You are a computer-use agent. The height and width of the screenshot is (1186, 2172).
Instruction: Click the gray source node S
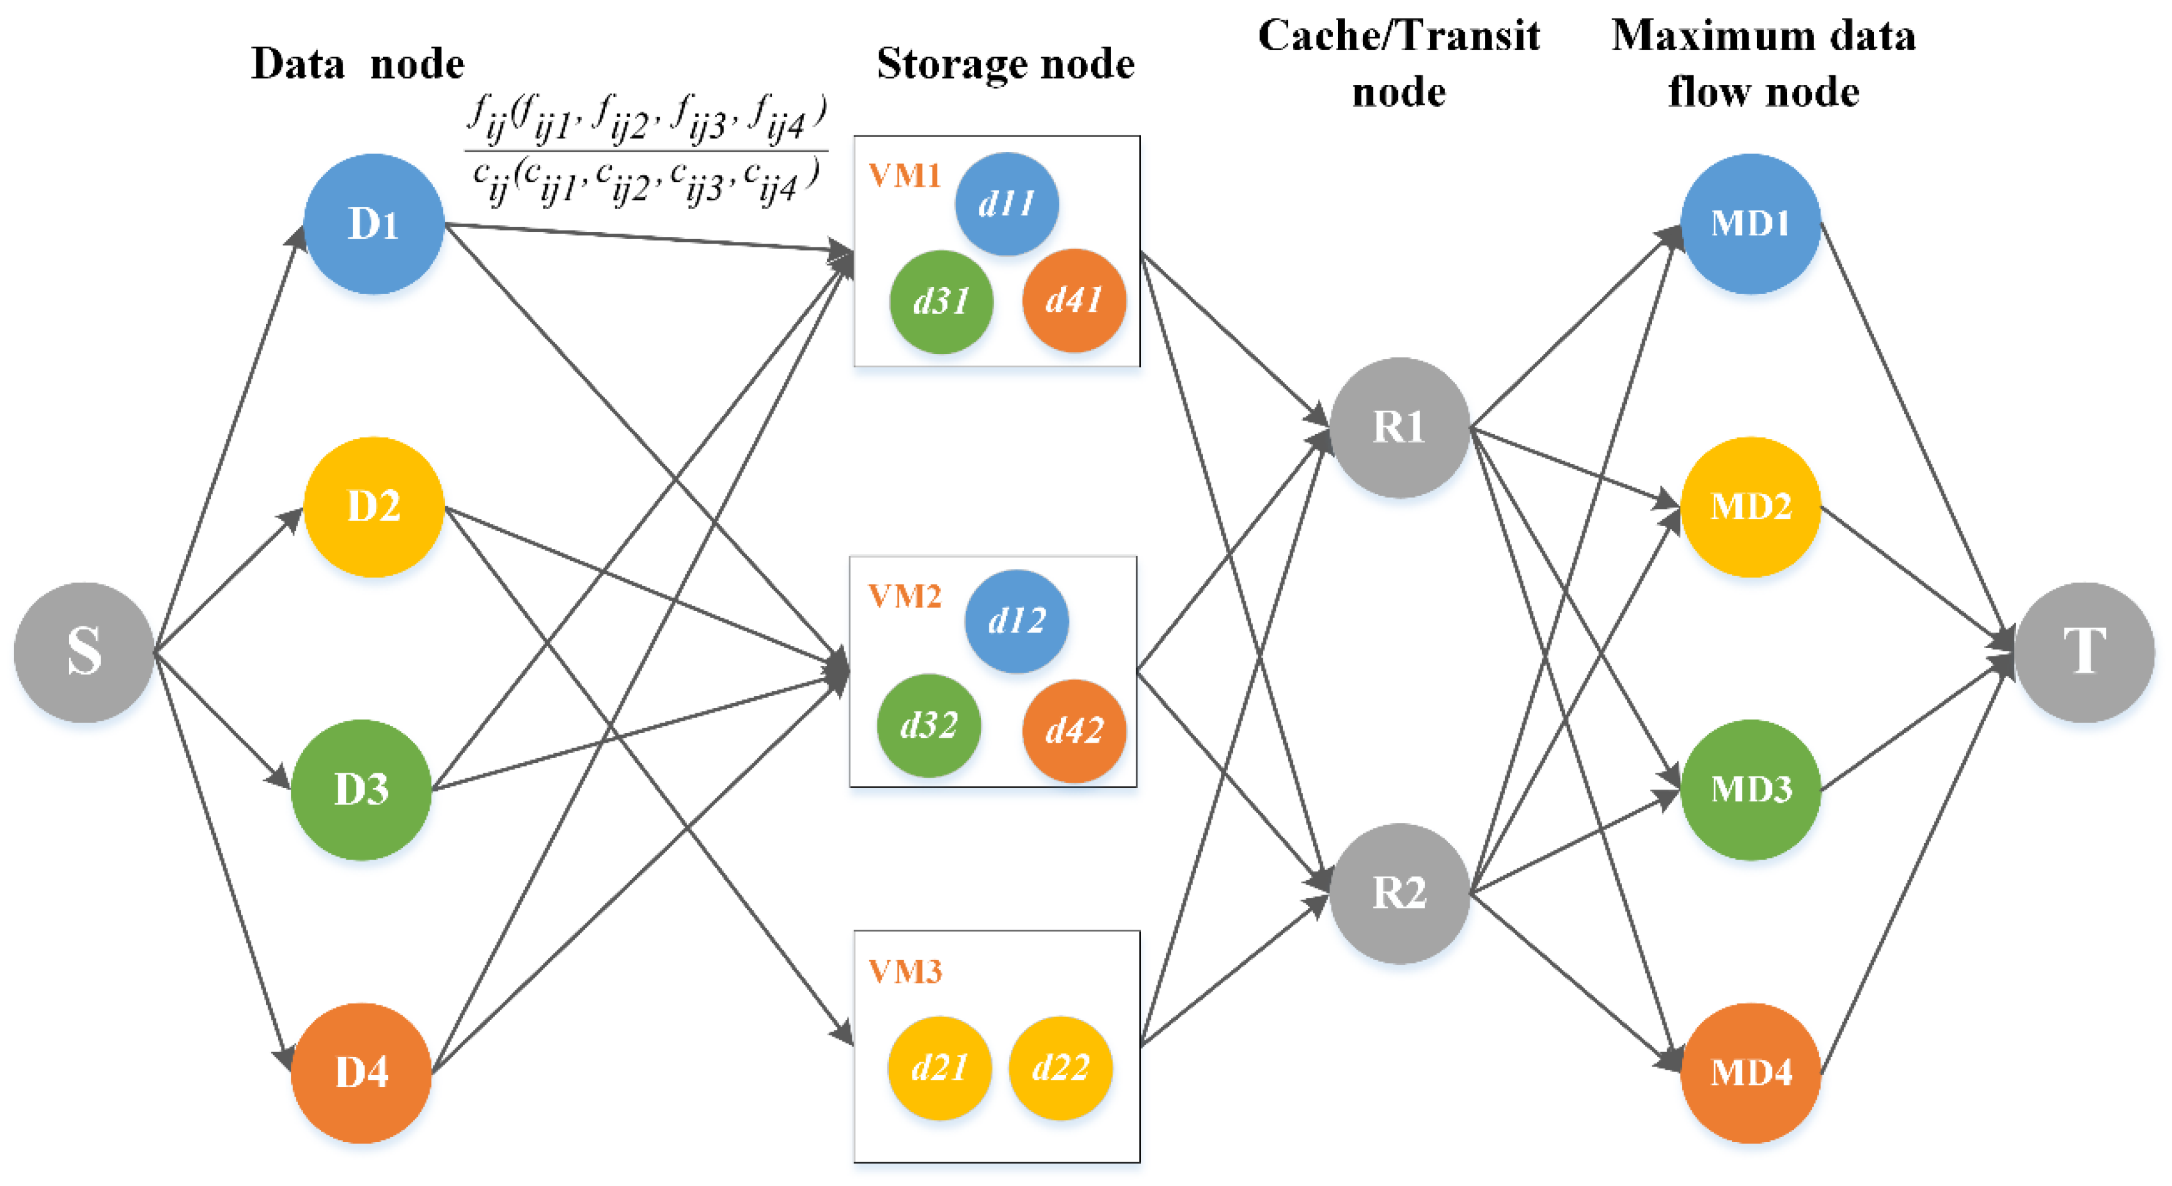83,652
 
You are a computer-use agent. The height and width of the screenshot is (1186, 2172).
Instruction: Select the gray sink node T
2085,652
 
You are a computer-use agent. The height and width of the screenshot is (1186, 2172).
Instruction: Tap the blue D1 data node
374,223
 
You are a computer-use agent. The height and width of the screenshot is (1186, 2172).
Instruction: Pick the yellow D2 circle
374,507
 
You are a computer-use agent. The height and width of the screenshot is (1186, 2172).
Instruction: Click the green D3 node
361,789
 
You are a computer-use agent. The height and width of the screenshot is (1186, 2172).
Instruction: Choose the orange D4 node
361,1072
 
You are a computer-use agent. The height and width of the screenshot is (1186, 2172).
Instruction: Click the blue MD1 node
1750,223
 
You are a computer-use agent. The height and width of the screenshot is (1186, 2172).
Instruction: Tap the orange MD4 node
1750,1072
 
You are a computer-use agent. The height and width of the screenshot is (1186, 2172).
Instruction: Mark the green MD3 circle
1750,789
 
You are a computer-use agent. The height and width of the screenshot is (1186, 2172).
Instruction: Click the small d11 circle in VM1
1006,203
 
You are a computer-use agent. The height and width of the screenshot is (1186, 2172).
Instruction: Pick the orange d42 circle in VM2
1074,730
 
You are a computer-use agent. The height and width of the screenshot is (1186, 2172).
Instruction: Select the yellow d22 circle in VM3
1061,1068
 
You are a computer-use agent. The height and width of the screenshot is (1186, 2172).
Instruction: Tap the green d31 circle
941,301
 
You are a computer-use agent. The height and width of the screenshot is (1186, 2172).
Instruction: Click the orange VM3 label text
905,972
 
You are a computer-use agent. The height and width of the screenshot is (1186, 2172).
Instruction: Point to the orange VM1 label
905,176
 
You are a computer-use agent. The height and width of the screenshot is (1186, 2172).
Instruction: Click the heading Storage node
1005,64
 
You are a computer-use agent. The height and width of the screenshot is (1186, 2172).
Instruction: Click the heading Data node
357,64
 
